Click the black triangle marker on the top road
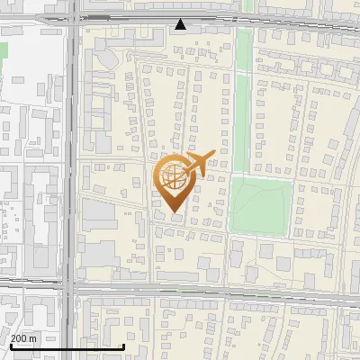181,24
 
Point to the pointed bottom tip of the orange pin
174,212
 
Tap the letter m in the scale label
33,337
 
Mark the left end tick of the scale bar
11,345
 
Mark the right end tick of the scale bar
124,345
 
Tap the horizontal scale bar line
67,346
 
